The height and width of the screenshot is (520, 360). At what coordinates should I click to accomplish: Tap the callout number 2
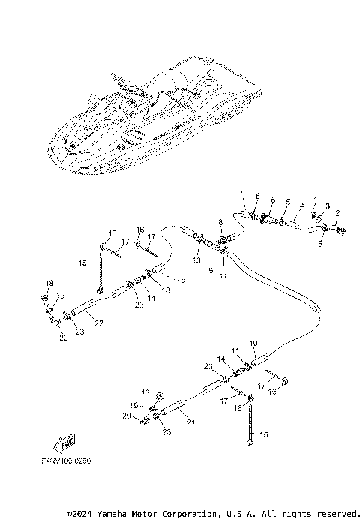(x=337, y=213)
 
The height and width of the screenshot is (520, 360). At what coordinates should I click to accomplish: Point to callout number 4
(x=301, y=203)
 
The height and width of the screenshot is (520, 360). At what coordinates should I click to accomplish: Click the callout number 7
(x=242, y=193)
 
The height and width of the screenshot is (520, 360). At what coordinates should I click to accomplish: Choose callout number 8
(x=256, y=197)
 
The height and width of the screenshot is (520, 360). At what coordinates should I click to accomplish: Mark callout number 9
(x=211, y=268)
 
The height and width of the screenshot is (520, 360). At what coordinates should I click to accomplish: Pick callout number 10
(x=253, y=343)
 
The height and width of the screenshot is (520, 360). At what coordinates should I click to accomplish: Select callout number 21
(x=190, y=422)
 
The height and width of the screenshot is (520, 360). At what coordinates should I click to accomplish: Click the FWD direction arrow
(x=67, y=441)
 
